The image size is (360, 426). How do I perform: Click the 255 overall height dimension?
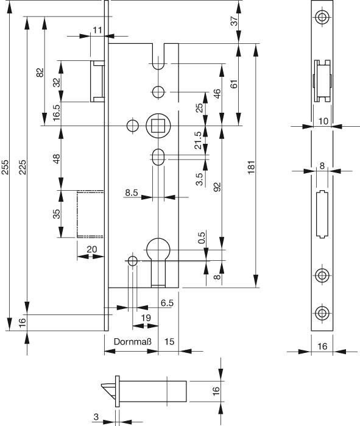[5, 167]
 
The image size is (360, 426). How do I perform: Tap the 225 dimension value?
[23, 167]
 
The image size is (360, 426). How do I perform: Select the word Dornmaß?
[133, 341]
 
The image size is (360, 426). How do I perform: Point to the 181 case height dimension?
[252, 167]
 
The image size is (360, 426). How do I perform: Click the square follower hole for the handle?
[158, 126]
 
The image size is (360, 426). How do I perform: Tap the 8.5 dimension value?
[132, 193]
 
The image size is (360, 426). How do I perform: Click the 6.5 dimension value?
[167, 303]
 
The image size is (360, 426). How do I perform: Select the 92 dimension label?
[217, 187]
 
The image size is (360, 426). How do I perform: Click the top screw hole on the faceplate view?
[322, 17]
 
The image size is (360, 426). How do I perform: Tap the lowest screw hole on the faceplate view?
[322, 313]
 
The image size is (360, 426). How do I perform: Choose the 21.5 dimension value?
[199, 140]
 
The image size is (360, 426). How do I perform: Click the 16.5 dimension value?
[57, 112]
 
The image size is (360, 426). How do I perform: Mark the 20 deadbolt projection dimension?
[92, 249]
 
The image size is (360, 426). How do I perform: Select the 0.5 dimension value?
[202, 237]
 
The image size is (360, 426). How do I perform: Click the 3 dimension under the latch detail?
[96, 416]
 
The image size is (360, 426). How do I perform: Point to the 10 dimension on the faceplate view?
[323, 121]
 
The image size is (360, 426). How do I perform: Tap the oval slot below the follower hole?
[158, 157]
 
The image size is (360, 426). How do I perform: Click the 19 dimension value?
[146, 318]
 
